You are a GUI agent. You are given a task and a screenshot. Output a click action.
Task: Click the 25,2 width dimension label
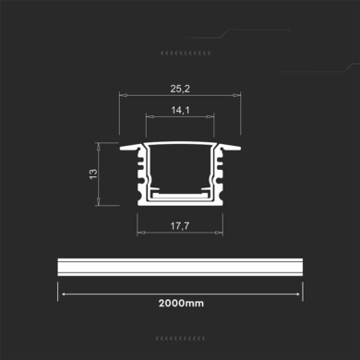point(180,90)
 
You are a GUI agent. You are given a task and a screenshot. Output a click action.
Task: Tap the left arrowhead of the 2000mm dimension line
point(61,289)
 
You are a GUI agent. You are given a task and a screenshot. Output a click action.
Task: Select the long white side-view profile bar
point(180,265)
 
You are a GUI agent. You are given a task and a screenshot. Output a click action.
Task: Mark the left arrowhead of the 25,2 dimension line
point(121,97)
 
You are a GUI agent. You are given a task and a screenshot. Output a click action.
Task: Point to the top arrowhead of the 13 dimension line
point(102,145)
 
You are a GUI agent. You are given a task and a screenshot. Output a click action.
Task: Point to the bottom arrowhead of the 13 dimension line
point(102,205)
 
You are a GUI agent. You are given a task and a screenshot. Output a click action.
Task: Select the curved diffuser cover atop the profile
point(180,148)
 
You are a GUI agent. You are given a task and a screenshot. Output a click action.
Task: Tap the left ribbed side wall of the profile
point(140,175)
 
